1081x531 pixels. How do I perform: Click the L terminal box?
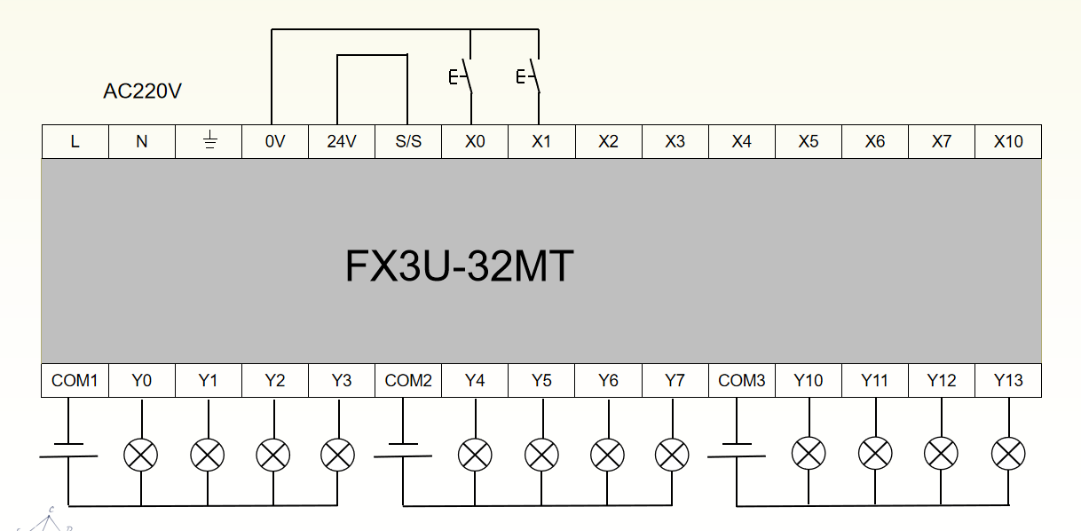[x=75, y=142]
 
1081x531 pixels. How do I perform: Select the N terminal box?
[x=142, y=142]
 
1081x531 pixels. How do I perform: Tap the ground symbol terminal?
[x=209, y=142]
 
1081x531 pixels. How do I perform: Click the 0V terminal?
[x=275, y=142]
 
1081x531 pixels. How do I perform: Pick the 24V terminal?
[x=342, y=142]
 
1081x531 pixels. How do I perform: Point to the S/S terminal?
[x=408, y=142]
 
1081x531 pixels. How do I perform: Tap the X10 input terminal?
[x=1008, y=142]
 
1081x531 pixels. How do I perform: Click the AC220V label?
[x=143, y=91]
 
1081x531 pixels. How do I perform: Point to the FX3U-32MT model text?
[x=459, y=266]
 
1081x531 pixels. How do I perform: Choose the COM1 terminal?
[x=75, y=381]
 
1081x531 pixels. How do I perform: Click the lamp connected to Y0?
[x=140, y=456]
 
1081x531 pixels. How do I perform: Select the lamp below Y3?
[x=337, y=456]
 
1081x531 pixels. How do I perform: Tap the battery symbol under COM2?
[x=404, y=450]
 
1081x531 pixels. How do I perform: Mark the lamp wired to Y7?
[x=672, y=456]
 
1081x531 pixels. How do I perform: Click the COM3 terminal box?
[x=742, y=381]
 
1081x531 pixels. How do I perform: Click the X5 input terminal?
[x=809, y=142]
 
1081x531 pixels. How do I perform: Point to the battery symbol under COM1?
[x=68, y=450]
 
